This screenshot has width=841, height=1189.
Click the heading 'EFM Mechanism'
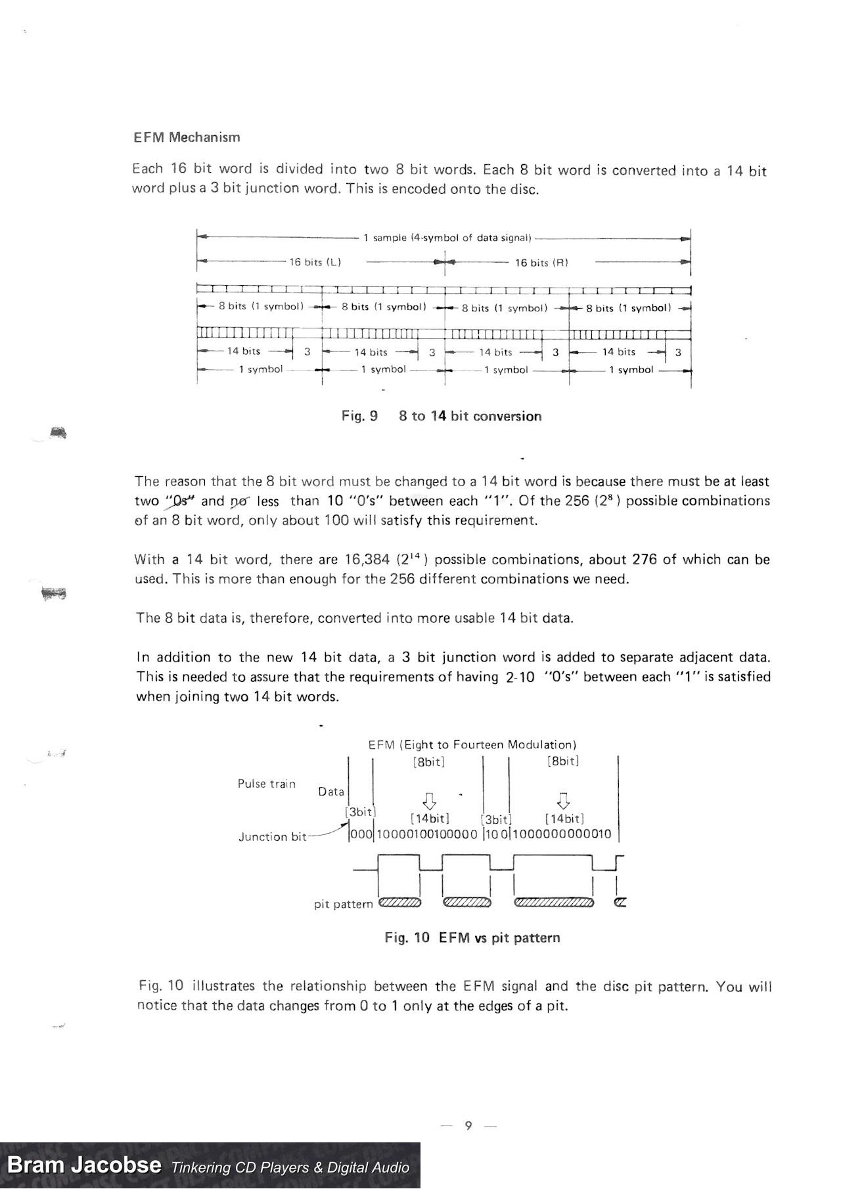pos(187,137)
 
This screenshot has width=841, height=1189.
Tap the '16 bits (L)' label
pos(315,262)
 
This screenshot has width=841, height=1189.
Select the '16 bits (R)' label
pos(541,263)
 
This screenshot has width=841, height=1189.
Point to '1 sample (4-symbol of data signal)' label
pos(447,238)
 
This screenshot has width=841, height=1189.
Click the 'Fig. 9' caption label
pos(359,416)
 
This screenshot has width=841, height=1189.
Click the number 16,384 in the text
pos(367,560)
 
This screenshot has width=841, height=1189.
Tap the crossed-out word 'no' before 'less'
pos(239,502)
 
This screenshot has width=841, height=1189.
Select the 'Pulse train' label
pos(267,784)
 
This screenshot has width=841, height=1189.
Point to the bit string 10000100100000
pos(427,834)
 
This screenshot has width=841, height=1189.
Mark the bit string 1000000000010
pos(562,834)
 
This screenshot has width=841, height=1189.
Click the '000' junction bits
pos(361,834)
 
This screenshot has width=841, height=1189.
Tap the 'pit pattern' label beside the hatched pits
pos(343,905)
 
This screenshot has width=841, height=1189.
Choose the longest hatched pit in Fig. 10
pos(554,902)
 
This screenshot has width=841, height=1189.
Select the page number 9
pos(468,1125)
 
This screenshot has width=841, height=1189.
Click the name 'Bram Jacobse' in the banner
pos(84,1165)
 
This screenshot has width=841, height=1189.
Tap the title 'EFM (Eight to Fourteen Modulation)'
pos(472,745)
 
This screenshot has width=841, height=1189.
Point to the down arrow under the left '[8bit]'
pos(429,801)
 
